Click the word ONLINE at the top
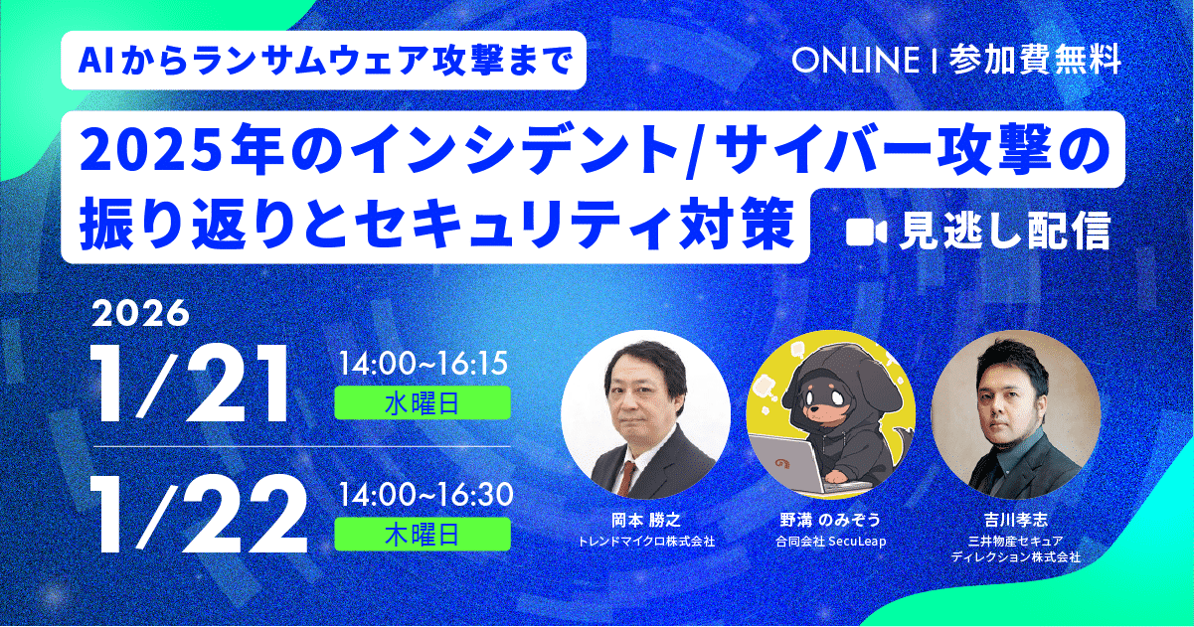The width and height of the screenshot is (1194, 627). pos(854,61)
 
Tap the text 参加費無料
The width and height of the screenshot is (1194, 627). pos(1035,61)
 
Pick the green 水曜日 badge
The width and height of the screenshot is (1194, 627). pos(424,402)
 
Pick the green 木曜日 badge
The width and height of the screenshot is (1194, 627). pos(424,534)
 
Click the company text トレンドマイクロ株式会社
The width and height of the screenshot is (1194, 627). pos(646,543)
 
